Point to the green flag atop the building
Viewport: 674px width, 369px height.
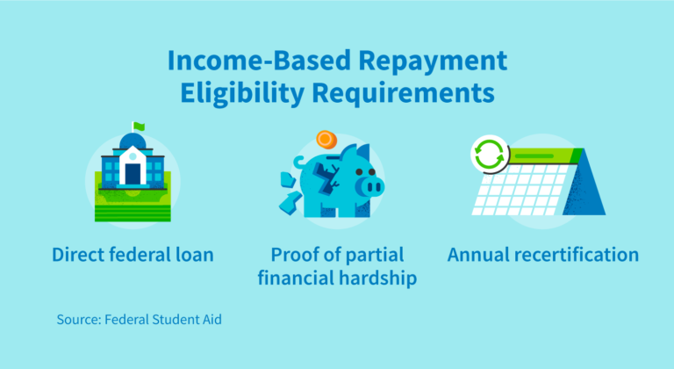click(138, 126)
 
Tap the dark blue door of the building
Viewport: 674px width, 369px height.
click(133, 174)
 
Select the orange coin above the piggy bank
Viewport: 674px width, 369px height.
click(326, 140)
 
